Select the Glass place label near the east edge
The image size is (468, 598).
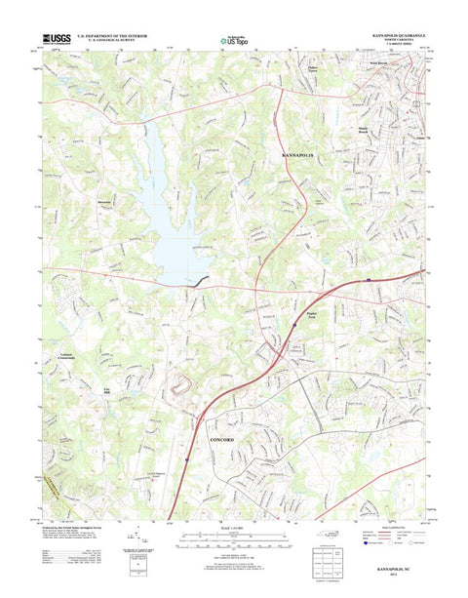(x=420, y=137)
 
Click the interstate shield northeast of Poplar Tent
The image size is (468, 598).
(x=369, y=279)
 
